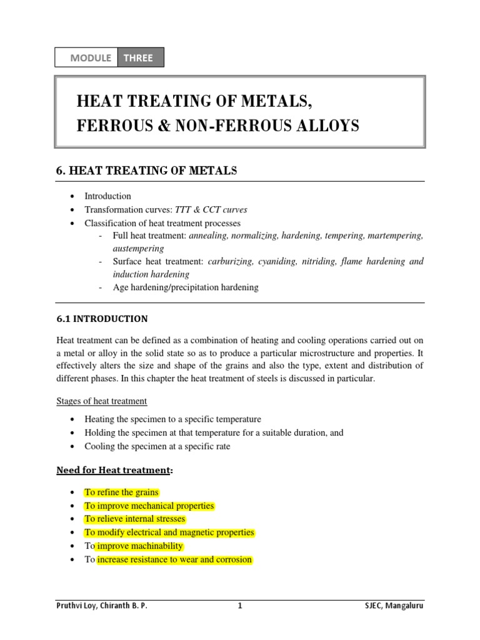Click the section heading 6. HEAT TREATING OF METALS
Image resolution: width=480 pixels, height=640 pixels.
(x=147, y=171)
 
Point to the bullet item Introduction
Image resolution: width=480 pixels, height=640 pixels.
(x=107, y=196)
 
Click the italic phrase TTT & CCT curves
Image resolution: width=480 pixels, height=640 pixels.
(x=211, y=209)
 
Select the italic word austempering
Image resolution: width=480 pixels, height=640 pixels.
(x=138, y=248)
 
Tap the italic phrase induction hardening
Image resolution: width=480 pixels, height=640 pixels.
(x=151, y=274)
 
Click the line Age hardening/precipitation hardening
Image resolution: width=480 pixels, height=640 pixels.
(x=185, y=287)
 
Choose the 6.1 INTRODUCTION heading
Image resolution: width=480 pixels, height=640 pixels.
(x=102, y=319)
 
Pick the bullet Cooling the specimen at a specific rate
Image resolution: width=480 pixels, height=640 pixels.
(x=157, y=446)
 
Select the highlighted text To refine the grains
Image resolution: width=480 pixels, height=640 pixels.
(x=121, y=492)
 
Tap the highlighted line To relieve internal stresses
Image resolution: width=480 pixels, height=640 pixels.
(x=135, y=519)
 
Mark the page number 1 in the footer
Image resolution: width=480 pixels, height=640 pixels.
(x=239, y=606)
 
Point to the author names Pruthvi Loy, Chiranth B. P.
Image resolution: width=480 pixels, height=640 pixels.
(x=102, y=606)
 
